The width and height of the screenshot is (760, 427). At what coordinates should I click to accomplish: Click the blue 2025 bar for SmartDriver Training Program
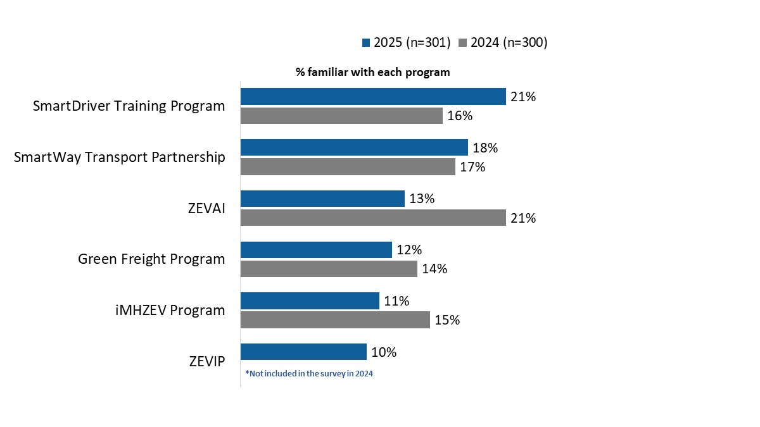coord(373,96)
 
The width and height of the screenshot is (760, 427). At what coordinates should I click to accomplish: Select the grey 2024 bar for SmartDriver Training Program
coord(341,116)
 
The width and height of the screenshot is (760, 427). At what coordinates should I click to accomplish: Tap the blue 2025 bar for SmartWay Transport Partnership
coord(354,147)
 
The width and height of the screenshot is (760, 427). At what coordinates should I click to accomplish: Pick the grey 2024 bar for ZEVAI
coord(373,218)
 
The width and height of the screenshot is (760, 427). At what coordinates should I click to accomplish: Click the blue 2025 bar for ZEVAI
coord(322,199)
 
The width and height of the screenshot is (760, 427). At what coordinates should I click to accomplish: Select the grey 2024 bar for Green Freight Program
coord(329,269)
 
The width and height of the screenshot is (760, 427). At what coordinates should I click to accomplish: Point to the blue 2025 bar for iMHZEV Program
coord(310,300)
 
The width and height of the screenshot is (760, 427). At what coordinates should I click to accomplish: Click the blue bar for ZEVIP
coord(303,352)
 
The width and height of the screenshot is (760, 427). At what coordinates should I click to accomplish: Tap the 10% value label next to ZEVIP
coord(384,352)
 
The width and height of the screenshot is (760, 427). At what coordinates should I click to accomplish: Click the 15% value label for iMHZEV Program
coord(447,320)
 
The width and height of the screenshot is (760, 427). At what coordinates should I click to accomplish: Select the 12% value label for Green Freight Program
coord(409,250)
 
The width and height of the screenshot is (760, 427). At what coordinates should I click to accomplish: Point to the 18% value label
coord(485,148)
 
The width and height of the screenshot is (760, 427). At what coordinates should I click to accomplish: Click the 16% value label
coord(460,116)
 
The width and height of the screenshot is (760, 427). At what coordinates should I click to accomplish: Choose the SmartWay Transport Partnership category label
coord(120,157)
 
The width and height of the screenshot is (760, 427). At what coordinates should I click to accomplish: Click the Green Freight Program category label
coord(151,259)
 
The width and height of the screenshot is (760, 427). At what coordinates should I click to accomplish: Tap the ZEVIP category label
coord(207,361)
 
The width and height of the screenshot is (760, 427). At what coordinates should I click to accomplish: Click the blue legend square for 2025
coord(365,43)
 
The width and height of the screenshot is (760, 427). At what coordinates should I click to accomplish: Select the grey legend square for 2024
coord(462,43)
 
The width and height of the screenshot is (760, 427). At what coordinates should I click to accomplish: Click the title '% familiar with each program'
coord(373,72)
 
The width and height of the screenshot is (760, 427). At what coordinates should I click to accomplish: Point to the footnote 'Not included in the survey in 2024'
coord(309,374)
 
